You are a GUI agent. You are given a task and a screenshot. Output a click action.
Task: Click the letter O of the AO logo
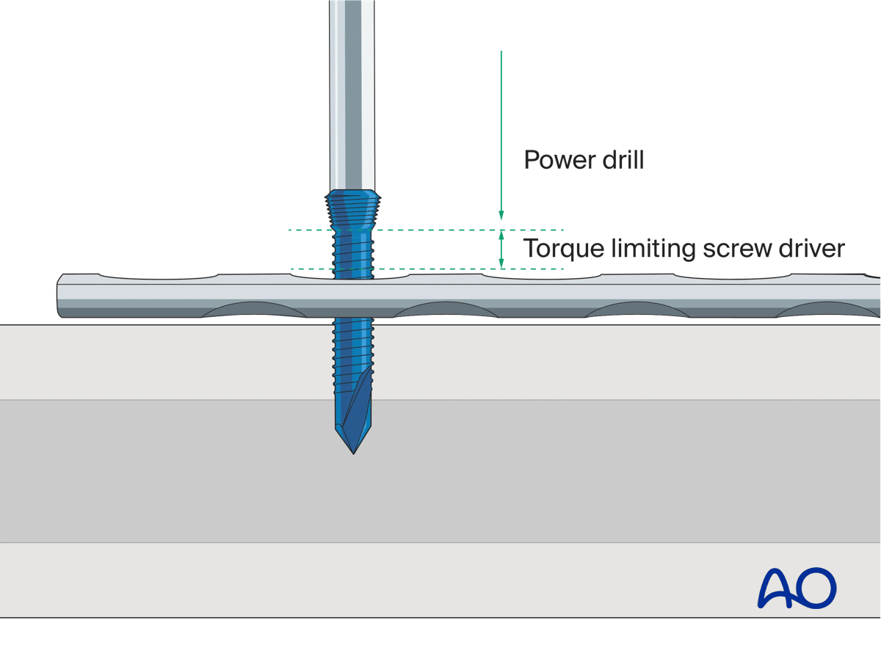[x=816, y=587]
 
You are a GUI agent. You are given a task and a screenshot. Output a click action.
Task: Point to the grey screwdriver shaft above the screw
[x=354, y=95]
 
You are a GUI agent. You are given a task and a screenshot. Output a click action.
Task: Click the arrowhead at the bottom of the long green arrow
[x=501, y=215]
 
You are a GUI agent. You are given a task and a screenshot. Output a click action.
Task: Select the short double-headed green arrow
[x=501, y=249]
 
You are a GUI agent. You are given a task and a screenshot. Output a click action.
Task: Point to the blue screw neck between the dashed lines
[x=354, y=249]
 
